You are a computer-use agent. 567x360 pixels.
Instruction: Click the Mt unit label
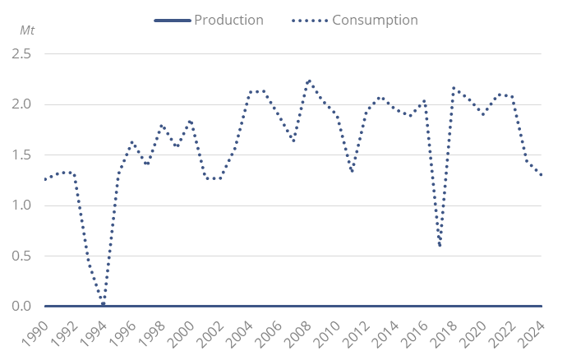29,30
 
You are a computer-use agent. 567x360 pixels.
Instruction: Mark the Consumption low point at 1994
103,304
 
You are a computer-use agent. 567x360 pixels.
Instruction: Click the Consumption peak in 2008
308,81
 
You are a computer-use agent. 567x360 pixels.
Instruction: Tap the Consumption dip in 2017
440,245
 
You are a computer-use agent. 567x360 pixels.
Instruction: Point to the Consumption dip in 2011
353,171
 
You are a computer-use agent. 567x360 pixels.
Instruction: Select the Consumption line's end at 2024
542,175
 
